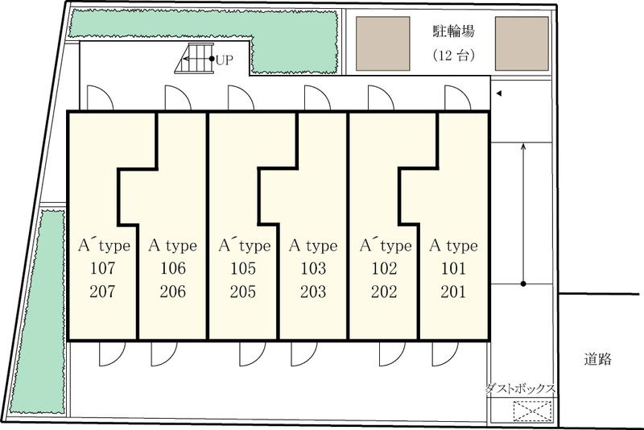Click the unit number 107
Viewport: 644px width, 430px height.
(x=103, y=268)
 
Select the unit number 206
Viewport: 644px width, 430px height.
(x=173, y=291)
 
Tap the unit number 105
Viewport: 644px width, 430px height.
(x=243, y=268)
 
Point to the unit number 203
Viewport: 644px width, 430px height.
(x=313, y=291)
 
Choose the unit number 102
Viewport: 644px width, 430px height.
(x=385, y=268)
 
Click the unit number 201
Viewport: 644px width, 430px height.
(x=453, y=291)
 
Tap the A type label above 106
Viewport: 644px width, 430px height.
(x=173, y=246)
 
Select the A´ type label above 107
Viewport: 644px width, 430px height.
(x=105, y=245)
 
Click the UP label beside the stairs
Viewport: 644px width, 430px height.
(x=225, y=60)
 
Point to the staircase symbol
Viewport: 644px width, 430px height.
(x=195, y=58)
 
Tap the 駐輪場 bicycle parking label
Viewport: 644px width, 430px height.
(x=454, y=31)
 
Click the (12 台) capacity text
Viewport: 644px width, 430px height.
(x=454, y=55)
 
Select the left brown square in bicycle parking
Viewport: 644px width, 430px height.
(x=383, y=43)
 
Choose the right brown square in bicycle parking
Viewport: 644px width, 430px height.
(x=522, y=43)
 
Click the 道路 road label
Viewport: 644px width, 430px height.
(x=597, y=359)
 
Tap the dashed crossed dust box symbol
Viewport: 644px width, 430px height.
(x=532, y=411)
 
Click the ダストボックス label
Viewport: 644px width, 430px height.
(x=520, y=388)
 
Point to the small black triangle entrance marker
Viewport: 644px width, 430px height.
(x=499, y=93)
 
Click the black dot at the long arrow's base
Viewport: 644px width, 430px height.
(x=523, y=283)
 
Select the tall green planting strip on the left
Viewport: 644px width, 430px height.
(x=39, y=312)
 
